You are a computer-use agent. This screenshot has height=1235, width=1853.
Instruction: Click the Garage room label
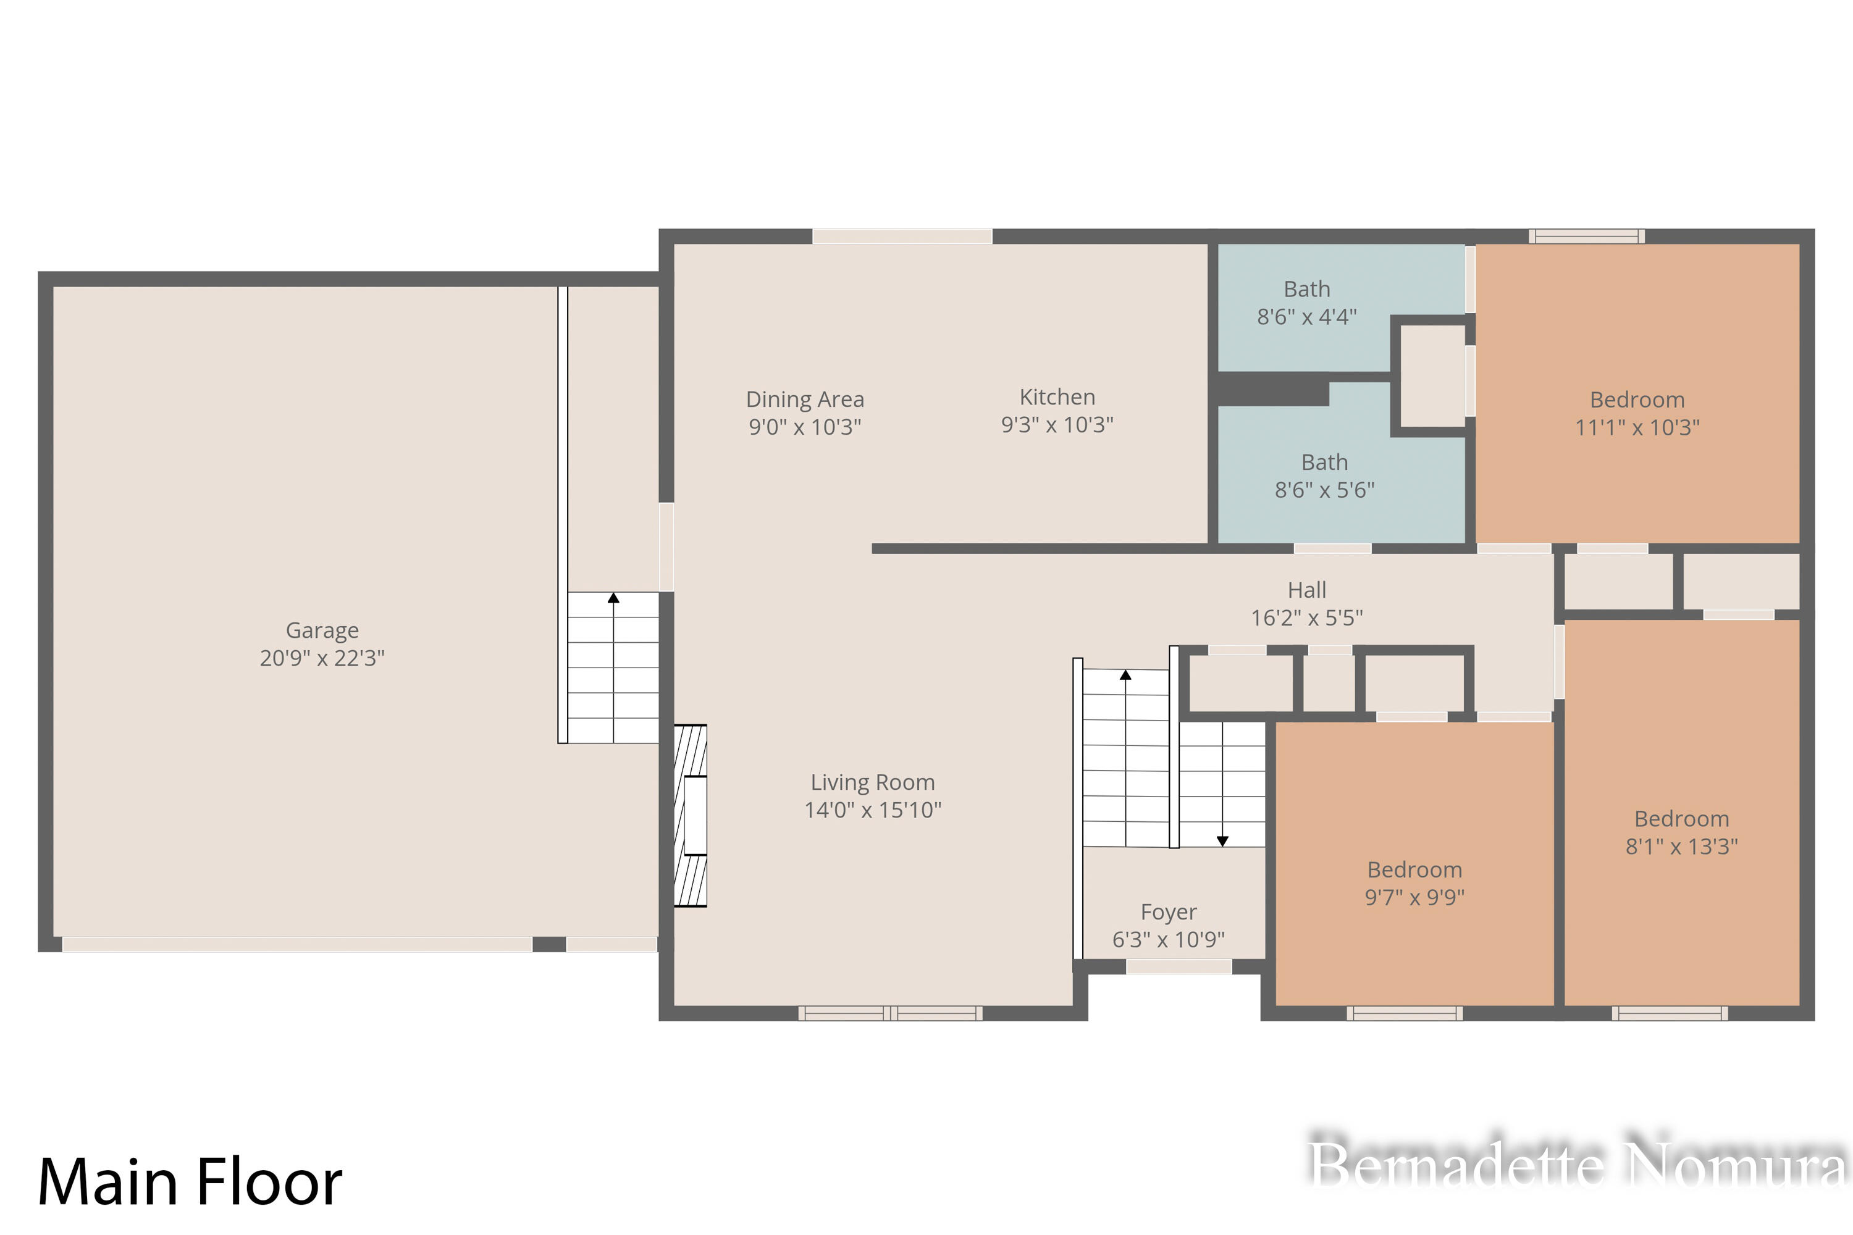point(322,630)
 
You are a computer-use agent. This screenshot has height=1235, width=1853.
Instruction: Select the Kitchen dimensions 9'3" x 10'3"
point(1057,425)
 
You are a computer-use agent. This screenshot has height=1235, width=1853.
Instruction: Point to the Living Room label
point(873,782)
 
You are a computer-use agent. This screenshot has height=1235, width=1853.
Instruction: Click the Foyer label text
point(1169,912)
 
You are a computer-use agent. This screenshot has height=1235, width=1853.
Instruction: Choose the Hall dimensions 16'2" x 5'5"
point(1307,617)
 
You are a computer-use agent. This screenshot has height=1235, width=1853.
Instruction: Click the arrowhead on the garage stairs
point(613,598)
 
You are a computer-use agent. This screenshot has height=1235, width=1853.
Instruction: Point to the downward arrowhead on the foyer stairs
point(1222,841)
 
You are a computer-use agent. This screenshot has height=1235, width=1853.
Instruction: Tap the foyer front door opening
point(1179,966)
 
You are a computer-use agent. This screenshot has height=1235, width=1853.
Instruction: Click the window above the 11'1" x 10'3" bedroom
point(1587,237)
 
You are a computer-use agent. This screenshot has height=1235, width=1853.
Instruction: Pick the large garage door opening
point(297,944)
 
